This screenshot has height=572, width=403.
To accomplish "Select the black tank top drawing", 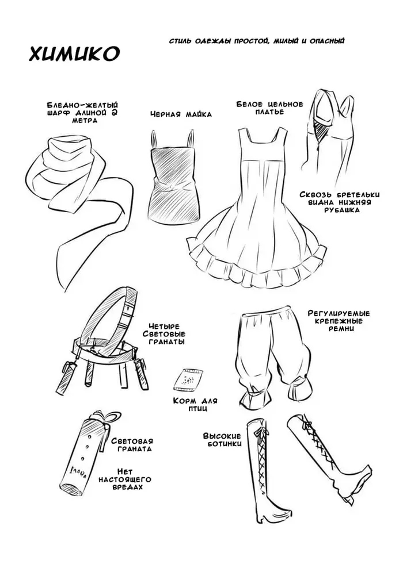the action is [173, 177].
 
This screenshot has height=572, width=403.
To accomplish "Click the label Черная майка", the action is [181, 114].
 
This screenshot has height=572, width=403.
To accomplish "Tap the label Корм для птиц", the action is [195, 405].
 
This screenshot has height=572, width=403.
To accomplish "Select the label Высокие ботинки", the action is [222, 440].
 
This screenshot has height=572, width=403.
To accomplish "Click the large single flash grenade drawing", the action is [84, 452].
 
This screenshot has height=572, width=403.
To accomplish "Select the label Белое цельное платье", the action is [269, 108].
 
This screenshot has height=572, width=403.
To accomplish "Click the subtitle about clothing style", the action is [257, 41].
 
